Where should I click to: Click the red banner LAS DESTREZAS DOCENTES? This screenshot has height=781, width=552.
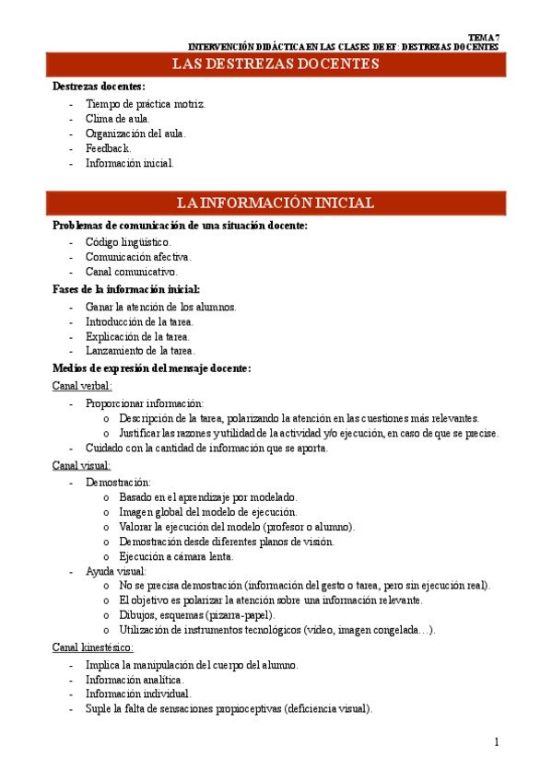[x=276, y=64]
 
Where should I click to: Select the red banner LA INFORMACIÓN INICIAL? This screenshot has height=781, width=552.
[x=276, y=204]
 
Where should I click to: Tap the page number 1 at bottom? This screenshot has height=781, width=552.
[x=496, y=742]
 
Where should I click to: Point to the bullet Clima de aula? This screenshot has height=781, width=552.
[x=118, y=119]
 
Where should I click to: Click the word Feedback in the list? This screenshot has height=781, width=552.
[x=108, y=148]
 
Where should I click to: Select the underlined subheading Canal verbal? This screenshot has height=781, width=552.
[x=82, y=387]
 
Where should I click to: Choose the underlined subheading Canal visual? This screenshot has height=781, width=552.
[x=81, y=466]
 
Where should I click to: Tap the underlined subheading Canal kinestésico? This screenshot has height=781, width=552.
[x=93, y=648]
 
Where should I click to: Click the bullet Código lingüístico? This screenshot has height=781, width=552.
[x=128, y=242]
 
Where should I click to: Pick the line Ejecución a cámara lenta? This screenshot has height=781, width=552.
[x=176, y=556]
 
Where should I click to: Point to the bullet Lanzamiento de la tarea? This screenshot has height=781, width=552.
[x=140, y=351]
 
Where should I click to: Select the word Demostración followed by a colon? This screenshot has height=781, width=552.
[x=119, y=482]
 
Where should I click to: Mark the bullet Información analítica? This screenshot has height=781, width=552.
[x=135, y=679]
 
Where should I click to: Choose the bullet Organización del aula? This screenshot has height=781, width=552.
[x=135, y=134]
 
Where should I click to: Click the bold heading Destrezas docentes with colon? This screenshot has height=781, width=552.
[x=92, y=87]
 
